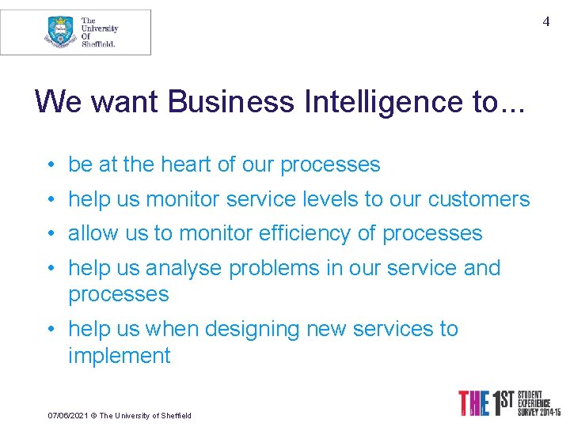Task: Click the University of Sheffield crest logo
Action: (x=60, y=32)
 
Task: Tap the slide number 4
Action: (x=545, y=22)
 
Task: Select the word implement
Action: (x=119, y=356)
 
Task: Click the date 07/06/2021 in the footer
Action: (x=66, y=415)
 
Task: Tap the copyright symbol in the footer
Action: (x=93, y=415)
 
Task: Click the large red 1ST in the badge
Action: (x=498, y=402)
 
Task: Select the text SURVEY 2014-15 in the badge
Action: (x=538, y=412)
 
